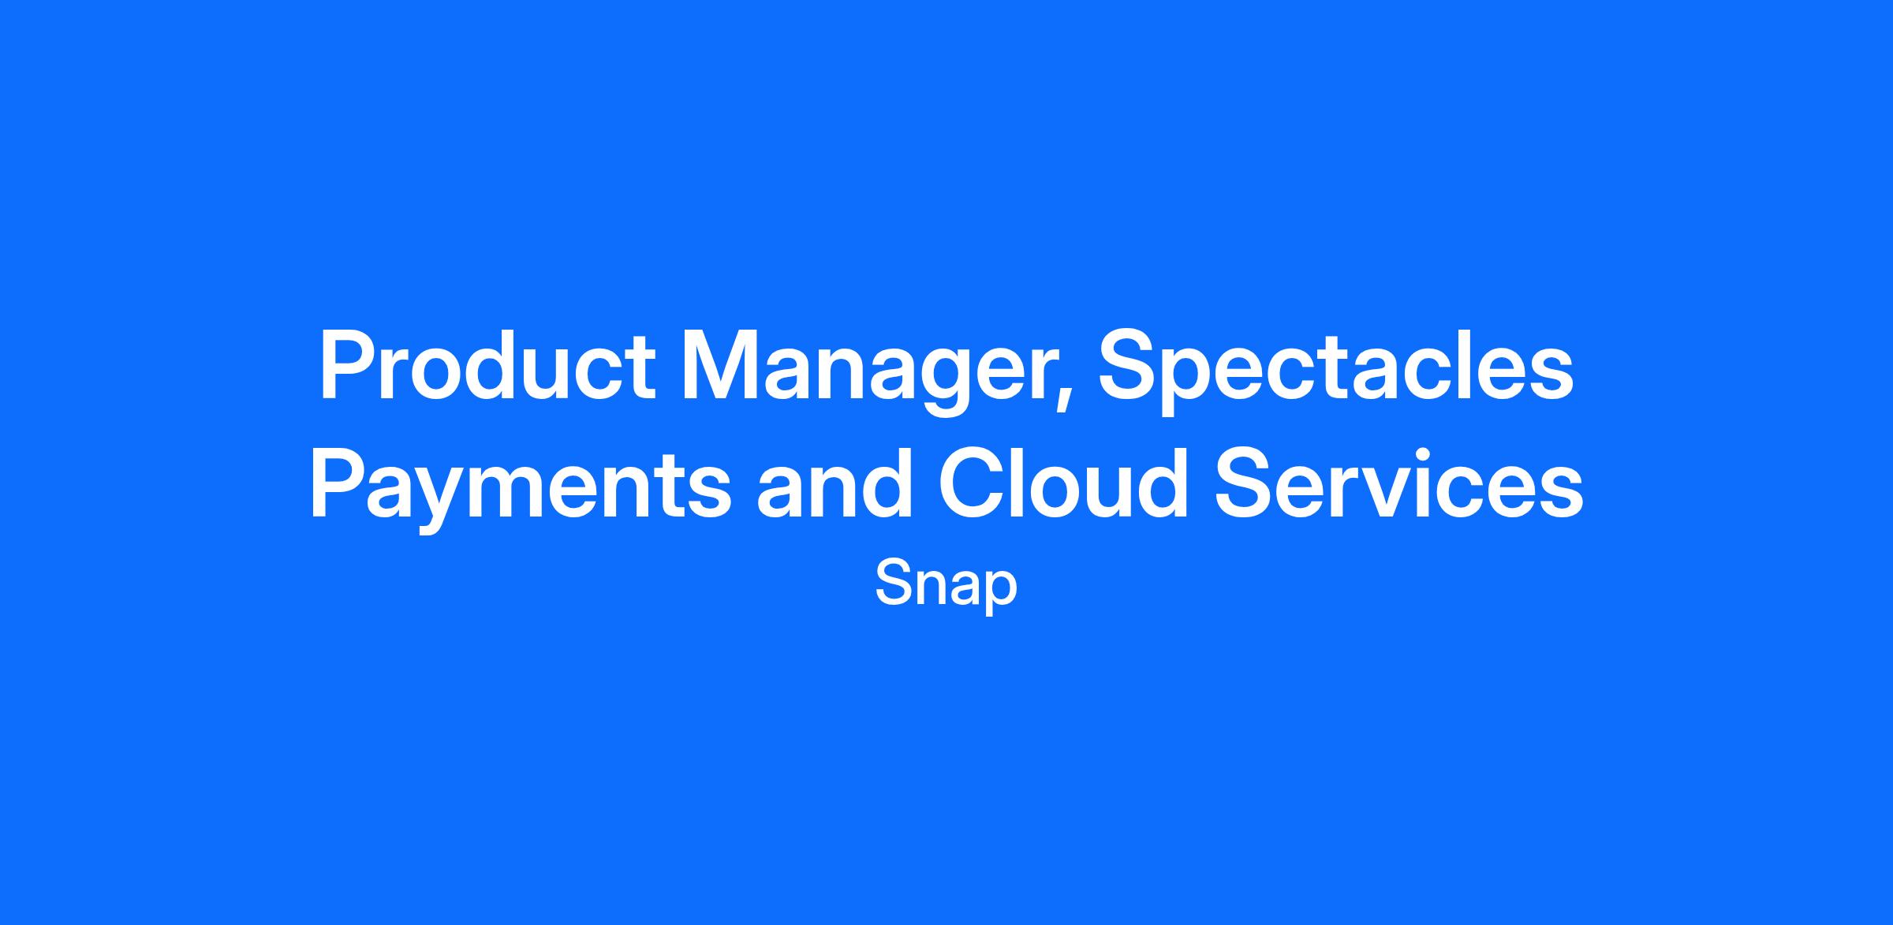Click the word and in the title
835,483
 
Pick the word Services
1398,483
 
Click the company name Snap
946,584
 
